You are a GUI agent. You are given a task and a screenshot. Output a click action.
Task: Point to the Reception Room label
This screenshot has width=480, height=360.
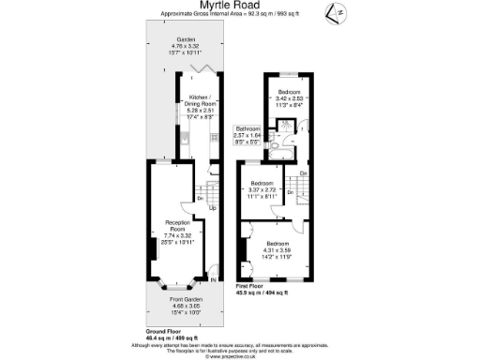tap(174, 231)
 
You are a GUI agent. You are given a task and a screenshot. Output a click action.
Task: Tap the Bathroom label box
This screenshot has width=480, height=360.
tap(247, 135)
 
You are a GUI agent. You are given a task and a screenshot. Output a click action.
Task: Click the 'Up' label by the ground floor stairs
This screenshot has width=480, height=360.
tap(212, 207)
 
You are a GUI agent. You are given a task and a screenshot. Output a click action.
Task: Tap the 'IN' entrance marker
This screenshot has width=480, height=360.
tap(215, 279)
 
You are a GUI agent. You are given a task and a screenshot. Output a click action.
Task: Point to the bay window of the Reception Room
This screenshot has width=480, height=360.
tap(176, 280)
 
